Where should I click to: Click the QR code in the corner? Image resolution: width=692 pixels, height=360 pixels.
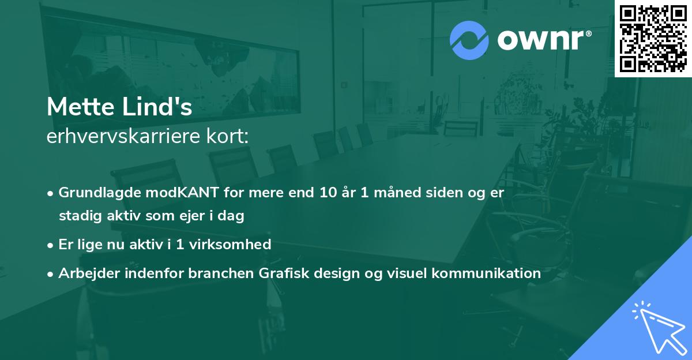tap(653, 39)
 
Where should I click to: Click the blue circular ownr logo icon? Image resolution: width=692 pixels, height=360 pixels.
tap(469, 40)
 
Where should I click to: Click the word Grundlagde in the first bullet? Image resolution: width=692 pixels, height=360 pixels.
tap(92, 193)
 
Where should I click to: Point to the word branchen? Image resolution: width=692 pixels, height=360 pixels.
tap(215, 273)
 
